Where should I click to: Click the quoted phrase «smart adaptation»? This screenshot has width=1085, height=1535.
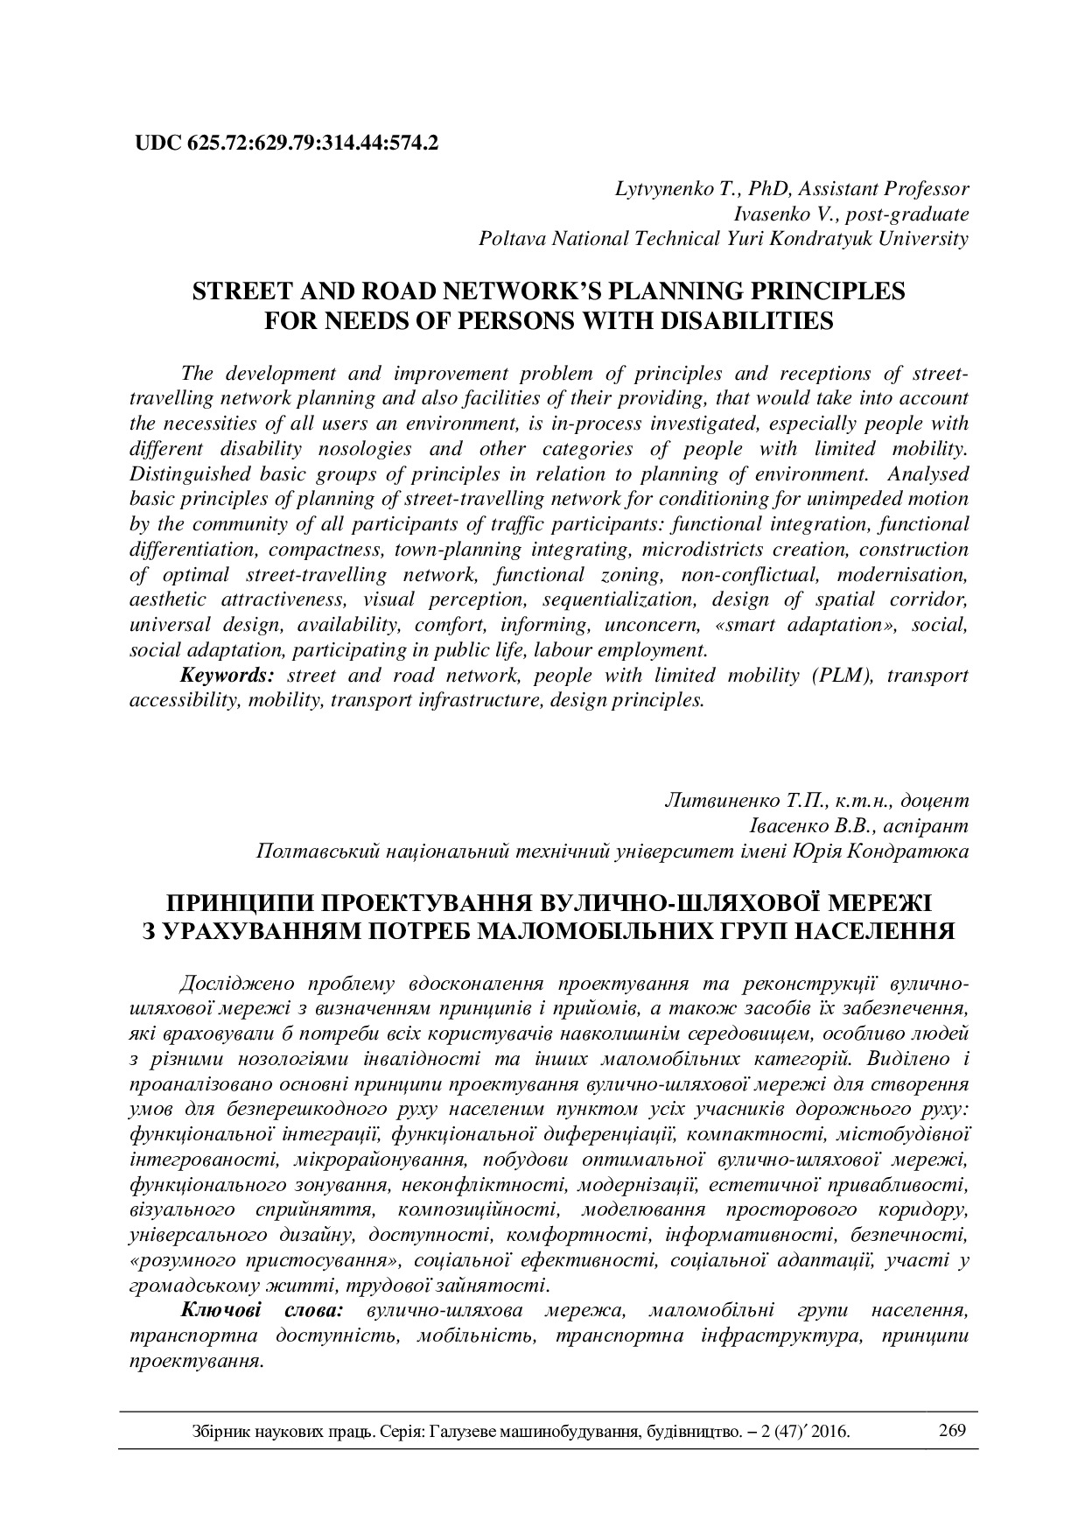(x=810, y=626)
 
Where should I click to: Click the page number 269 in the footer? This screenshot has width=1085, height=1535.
(x=950, y=1432)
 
